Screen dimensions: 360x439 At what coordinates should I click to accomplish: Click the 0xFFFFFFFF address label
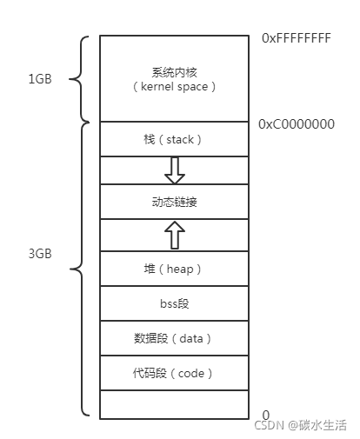[297, 38]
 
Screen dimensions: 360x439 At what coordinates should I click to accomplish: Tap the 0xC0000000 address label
[297, 124]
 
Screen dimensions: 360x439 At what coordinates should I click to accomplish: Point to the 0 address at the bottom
[266, 415]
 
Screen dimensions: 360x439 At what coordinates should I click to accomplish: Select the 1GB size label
[40, 79]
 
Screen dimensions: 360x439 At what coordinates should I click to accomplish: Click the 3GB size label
[40, 254]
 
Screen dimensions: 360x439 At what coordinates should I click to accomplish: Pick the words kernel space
[174, 86]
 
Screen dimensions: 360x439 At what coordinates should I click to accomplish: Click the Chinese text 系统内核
[174, 72]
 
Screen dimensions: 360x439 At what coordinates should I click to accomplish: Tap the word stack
[180, 140]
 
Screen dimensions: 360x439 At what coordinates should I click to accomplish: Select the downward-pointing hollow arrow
[175, 170]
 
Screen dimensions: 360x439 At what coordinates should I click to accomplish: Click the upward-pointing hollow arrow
[175, 235]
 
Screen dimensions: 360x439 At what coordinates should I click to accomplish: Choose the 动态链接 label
[174, 202]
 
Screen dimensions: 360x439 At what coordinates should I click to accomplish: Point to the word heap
[180, 269]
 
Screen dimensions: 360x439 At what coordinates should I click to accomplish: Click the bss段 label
[174, 303]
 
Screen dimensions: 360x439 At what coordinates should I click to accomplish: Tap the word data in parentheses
[191, 338]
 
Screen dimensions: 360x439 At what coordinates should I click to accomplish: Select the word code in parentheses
[191, 373]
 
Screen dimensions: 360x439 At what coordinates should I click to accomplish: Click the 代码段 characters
[150, 373]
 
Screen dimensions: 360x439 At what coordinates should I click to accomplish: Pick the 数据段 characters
[150, 338]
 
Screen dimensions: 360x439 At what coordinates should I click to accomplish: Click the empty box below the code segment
[174, 404]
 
